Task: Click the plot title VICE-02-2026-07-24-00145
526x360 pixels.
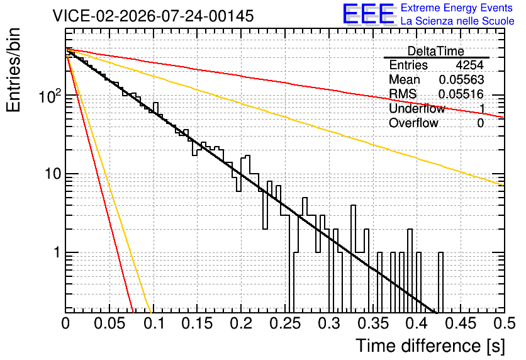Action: (x=154, y=16)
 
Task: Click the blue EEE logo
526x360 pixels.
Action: (x=368, y=14)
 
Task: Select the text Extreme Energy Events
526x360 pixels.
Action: (x=457, y=8)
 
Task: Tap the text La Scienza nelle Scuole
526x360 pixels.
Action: (x=457, y=21)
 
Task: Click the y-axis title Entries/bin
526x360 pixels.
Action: (x=13, y=70)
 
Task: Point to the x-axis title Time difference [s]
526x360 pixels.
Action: (x=430, y=346)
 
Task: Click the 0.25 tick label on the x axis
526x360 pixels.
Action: (x=285, y=323)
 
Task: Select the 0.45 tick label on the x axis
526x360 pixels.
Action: (x=461, y=323)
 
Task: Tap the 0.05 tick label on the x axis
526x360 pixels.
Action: (x=109, y=323)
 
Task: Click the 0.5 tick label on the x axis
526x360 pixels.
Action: (x=504, y=323)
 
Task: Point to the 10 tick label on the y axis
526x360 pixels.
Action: (x=53, y=174)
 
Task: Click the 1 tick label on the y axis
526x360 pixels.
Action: (x=57, y=252)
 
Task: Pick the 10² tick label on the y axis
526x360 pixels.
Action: (x=50, y=96)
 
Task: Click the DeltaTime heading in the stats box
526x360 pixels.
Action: (x=436, y=52)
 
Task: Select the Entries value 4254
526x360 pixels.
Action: (x=469, y=65)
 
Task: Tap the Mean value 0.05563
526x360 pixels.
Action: (x=461, y=79)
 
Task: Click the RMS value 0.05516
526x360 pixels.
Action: (x=461, y=94)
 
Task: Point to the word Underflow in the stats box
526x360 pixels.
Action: (x=417, y=108)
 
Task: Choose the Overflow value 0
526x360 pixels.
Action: (x=480, y=123)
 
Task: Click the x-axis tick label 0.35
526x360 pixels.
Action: (x=373, y=323)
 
